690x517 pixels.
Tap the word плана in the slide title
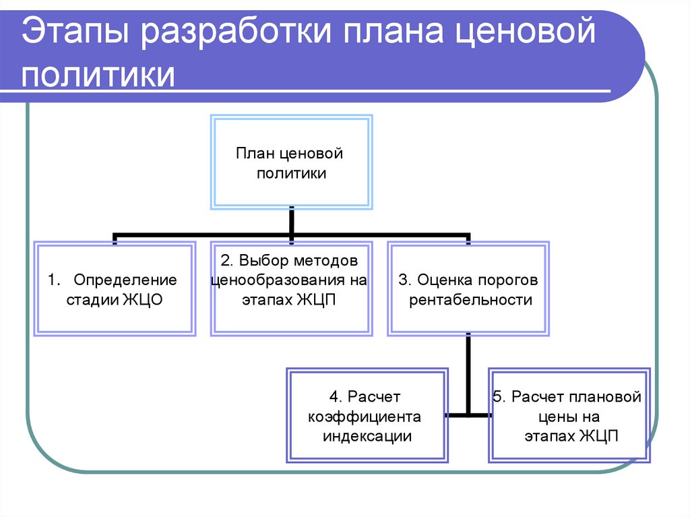coord(394,34)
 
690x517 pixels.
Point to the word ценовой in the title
coord(528,34)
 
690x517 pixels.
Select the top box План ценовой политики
coord(290,162)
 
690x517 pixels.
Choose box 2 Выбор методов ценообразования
coord(290,288)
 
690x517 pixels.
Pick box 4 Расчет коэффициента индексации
coord(366,415)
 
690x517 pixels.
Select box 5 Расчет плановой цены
coord(569,415)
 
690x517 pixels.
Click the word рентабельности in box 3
coord(471,300)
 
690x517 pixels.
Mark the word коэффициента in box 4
coord(365,416)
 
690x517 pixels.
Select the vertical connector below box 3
coord(468,374)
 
